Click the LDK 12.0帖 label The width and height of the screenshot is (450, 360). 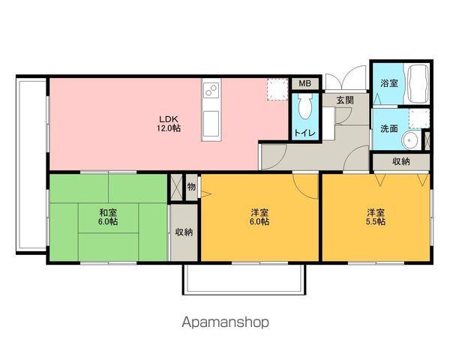[169, 124]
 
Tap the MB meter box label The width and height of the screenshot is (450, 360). [304, 83]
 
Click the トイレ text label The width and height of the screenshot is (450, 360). [304, 133]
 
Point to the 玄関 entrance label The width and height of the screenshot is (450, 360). [345, 100]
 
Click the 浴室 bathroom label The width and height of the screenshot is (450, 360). [389, 83]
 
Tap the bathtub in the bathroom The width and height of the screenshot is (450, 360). [416, 85]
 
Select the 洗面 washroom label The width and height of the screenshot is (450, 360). [389, 128]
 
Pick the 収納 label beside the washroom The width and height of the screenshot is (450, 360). [401, 161]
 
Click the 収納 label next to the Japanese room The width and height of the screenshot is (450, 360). [184, 232]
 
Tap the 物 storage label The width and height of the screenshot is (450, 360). [191, 187]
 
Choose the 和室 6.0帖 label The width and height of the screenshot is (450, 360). [108, 217]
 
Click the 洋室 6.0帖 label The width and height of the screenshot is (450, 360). [259, 217]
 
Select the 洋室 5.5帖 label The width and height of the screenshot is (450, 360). [376, 217]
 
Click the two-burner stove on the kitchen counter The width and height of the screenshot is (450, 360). [211, 90]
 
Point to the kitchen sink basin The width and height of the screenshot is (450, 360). [211, 124]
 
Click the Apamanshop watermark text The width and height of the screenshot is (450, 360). [226, 322]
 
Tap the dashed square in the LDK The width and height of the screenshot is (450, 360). [277, 89]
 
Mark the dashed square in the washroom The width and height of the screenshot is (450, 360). [419, 118]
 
